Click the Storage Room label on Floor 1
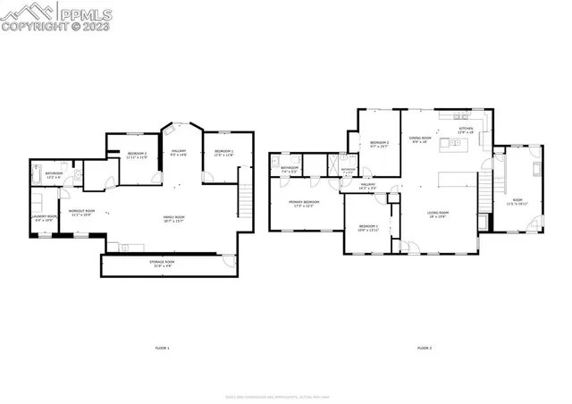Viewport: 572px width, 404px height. pos(162,263)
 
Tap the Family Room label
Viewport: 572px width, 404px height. pos(173,218)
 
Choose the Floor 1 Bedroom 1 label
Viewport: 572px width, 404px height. pos(223,153)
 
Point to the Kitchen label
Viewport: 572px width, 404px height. pos(466,130)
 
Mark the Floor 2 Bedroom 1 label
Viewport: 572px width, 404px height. pos(368,228)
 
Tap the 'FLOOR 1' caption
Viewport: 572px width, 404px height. pos(162,347)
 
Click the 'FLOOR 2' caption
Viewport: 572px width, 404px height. pos(424,347)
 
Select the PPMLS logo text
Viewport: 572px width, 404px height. pos(80,13)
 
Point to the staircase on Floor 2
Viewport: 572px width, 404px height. pos(487,189)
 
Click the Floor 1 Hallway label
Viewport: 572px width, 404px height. pos(178,153)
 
